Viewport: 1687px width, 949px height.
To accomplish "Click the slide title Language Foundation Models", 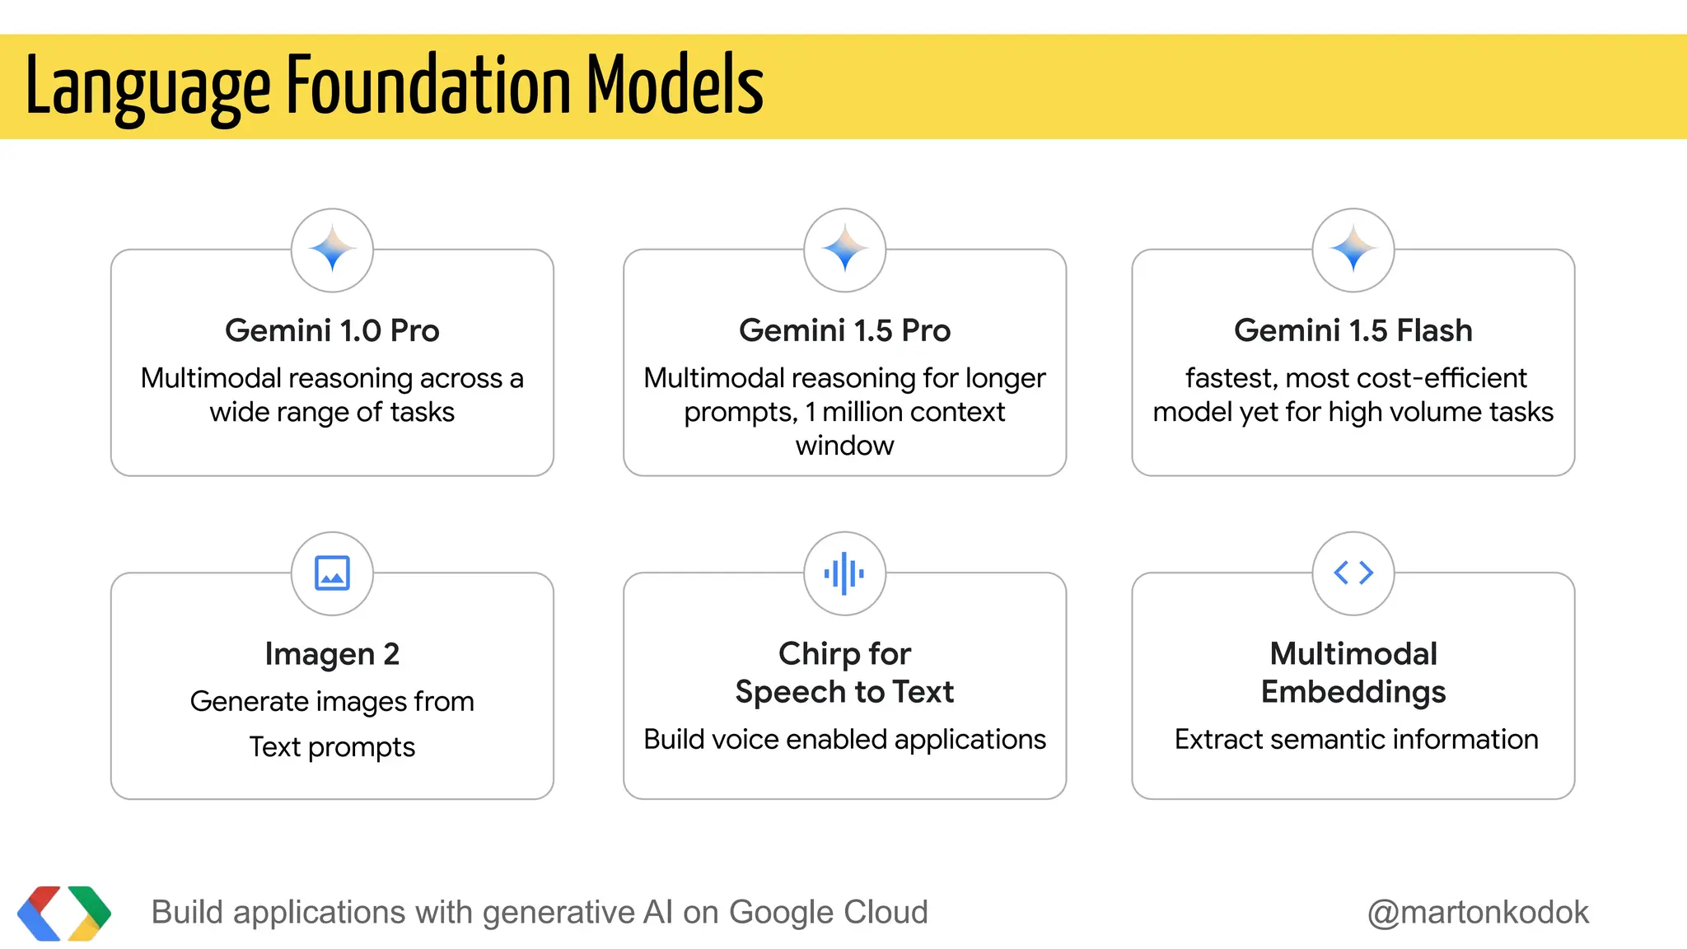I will pyautogui.click(x=395, y=86).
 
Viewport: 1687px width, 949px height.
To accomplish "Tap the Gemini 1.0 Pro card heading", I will pyautogui.click(x=332, y=330).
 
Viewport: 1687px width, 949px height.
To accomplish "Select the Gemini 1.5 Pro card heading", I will pyautogui.click(x=844, y=330).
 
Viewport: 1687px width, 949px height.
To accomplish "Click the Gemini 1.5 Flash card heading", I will pyautogui.click(x=1353, y=330).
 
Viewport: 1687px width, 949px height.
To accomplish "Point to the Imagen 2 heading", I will pyautogui.click(x=332, y=654).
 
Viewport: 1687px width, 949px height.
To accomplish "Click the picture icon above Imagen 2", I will pyautogui.click(x=332, y=573).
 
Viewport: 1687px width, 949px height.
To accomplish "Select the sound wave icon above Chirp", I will pyautogui.click(x=844, y=573).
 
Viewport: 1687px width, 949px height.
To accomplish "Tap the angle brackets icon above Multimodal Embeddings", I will pyautogui.click(x=1353, y=573).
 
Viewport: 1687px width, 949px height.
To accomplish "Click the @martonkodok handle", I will pyautogui.click(x=1478, y=913).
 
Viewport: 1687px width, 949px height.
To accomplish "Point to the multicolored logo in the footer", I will pyautogui.click(x=64, y=913).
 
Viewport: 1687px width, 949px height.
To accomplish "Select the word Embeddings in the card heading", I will pyautogui.click(x=1353, y=692).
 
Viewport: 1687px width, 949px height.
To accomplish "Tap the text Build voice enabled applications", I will pyautogui.click(x=844, y=740).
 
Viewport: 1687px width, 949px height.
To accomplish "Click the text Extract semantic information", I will pyautogui.click(x=1356, y=740).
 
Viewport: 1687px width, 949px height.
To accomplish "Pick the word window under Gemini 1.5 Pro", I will pyautogui.click(x=844, y=446).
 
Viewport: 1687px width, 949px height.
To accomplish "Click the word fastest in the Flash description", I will pyautogui.click(x=1231, y=378).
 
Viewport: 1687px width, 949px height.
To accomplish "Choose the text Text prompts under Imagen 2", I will pyautogui.click(x=332, y=747).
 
